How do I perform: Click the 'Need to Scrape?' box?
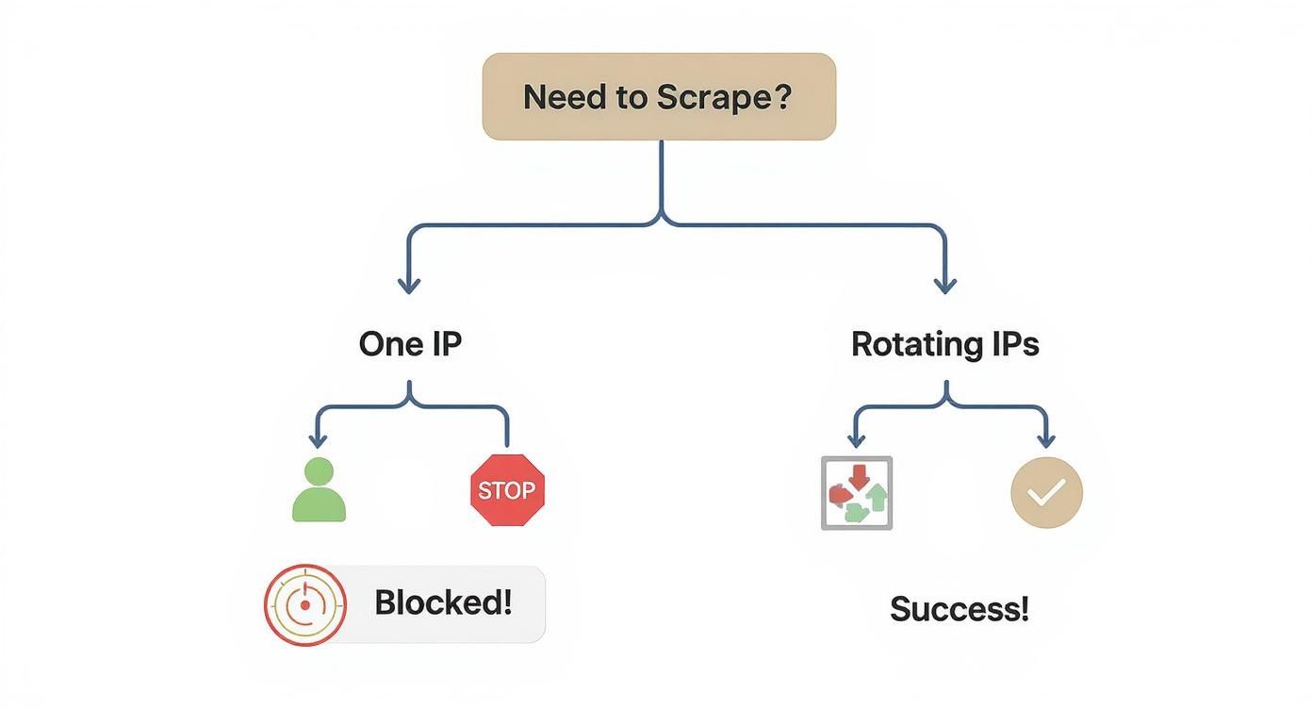point(659,96)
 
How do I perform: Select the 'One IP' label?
point(410,344)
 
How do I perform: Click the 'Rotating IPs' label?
point(944,344)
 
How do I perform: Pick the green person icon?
point(320,490)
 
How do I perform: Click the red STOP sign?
point(507,490)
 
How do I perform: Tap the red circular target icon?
point(304,604)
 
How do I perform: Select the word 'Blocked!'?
point(443,602)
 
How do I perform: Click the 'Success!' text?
point(959,609)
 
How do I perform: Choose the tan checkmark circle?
point(1046,492)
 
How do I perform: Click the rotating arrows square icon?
point(856,493)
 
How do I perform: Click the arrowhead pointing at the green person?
point(318,440)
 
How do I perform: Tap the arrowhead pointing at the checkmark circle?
point(1045,440)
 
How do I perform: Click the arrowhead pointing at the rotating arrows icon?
point(856,440)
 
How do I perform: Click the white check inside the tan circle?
point(1048,491)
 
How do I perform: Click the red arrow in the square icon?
point(858,478)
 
